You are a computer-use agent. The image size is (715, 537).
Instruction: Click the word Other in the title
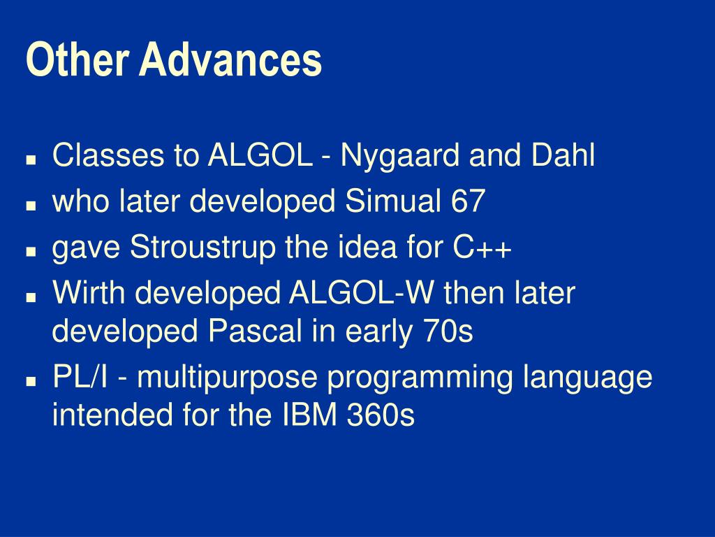[x=77, y=59]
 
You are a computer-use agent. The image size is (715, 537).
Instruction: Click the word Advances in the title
[x=230, y=59]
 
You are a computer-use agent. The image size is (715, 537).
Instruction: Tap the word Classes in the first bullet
[x=108, y=155]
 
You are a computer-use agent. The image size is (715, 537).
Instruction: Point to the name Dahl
[x=563, y=155]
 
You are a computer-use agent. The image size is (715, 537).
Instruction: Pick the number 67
[x=468, y=201]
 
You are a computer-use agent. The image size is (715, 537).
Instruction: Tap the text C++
[x=482, y=247]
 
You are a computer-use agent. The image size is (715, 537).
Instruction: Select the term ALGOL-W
[x=361, y=292]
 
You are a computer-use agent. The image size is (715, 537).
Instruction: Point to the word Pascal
[x=256, y=331]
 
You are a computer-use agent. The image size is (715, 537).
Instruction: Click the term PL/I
[x=81, y=376]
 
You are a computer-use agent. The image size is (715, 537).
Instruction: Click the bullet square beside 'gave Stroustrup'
[x=31, y=251]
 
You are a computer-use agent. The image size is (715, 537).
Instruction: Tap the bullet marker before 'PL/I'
[x=31, y=380]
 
